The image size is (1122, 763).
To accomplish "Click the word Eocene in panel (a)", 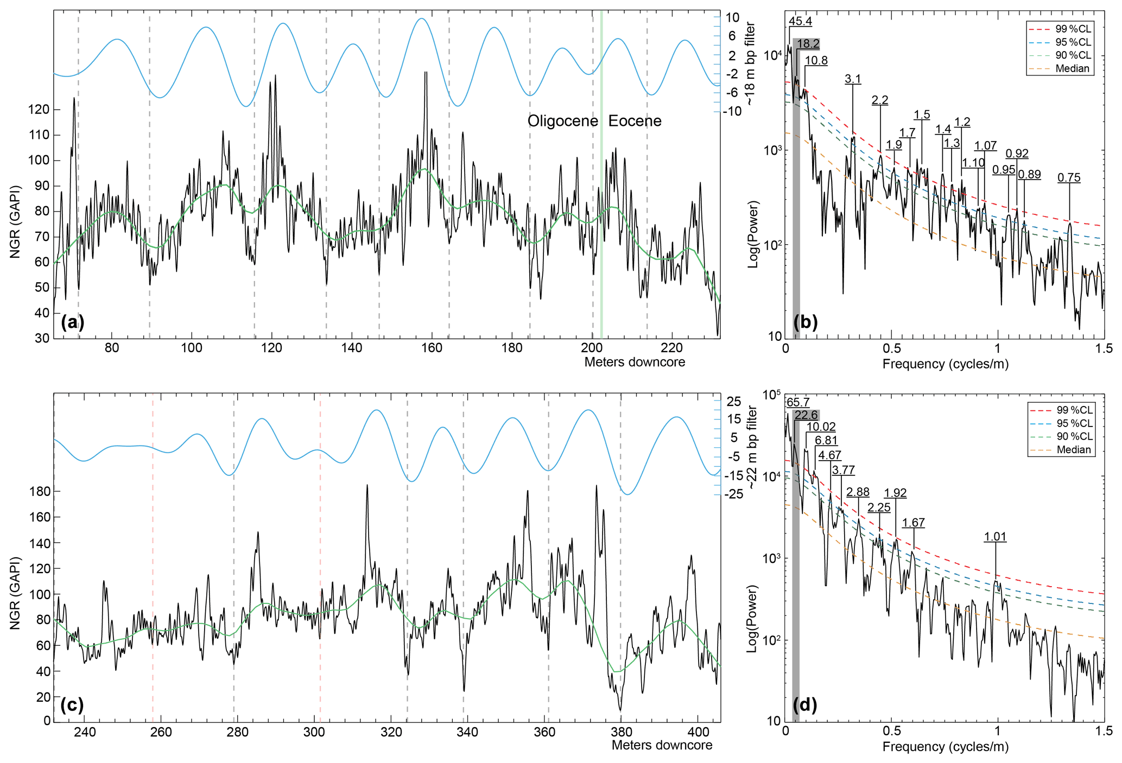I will click(635, 121).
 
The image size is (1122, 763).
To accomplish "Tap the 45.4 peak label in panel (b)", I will click(800, 22).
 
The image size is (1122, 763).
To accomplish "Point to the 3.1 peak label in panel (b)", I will click(853, 79).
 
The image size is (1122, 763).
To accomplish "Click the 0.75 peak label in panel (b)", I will click(1069, 178).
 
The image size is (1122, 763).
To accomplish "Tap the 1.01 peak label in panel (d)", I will click(995, 537).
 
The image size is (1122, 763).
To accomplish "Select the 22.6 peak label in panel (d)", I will click(806, 416).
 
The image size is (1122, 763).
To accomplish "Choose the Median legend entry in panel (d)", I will click(1073, 450).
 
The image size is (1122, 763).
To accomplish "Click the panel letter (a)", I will click(72, 322).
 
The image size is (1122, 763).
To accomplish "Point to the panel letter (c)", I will click(72, 705).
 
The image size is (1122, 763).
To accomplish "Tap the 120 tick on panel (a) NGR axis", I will click(39, 110).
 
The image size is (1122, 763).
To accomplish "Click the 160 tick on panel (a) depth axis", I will click(432, 347).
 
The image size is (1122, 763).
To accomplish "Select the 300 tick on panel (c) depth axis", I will click(314, 731).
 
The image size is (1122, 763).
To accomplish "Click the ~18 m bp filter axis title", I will click(751, 64).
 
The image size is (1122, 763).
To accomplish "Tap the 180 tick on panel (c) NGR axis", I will click(39, 492).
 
